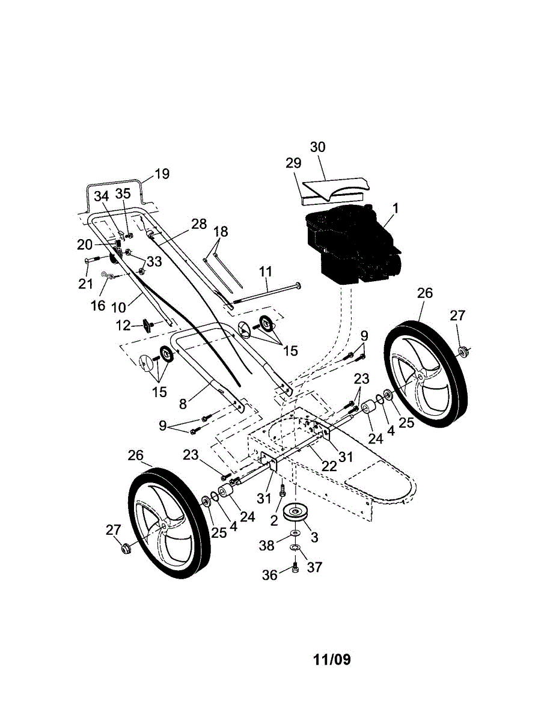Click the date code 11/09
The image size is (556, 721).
[332, 659]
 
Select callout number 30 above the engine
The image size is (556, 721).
[317, 147]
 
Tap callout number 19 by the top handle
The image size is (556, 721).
[162, 174]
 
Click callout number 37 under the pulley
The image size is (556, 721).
[314, 567]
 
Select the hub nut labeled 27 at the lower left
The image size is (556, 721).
[126, 548]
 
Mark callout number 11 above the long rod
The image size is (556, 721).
[266, 272]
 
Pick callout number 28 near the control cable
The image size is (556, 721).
[199, 224]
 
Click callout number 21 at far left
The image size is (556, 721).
[85, 283]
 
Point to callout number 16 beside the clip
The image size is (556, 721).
[98, 305]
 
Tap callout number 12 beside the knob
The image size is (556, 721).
[124, 325]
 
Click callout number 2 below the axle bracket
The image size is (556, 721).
[275, 519]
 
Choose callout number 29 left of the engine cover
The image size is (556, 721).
[293, 163]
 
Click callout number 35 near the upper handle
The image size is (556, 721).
[123, 193]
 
